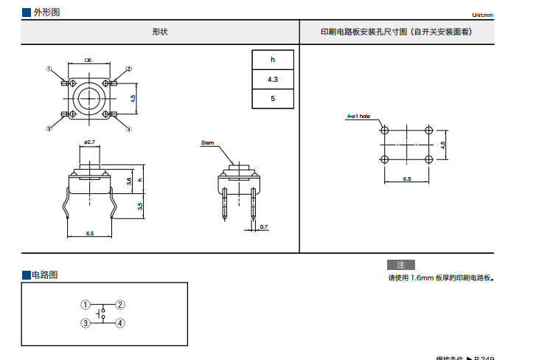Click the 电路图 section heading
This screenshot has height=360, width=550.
click(x=43, y=274)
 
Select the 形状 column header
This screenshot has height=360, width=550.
click(x=160, y=32)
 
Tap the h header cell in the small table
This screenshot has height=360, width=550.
click(x=273, y=60)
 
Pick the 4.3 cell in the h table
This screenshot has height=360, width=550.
click(x=273, y=79)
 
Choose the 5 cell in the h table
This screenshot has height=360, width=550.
click(x=273, y=98)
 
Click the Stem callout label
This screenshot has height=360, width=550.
click(x=208, y=142)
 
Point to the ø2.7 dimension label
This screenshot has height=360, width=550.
click(x=89, y=141)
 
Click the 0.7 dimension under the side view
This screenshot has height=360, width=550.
click(x=264, y=226)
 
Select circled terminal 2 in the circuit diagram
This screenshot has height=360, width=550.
click(x=120, y=304)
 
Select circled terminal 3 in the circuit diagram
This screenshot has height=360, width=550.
click(x=86, y=322)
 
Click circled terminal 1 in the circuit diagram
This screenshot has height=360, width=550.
click(x=86, y=304)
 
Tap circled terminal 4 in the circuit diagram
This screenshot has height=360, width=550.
click(x=120, y=322)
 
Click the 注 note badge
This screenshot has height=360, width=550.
click(x=401, y=264)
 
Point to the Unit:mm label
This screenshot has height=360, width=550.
click(x=482, y=15)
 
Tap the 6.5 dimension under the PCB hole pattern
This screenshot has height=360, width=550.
click(x=407, y=179)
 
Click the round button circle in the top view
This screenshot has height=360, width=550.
click(x=89, y=98)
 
